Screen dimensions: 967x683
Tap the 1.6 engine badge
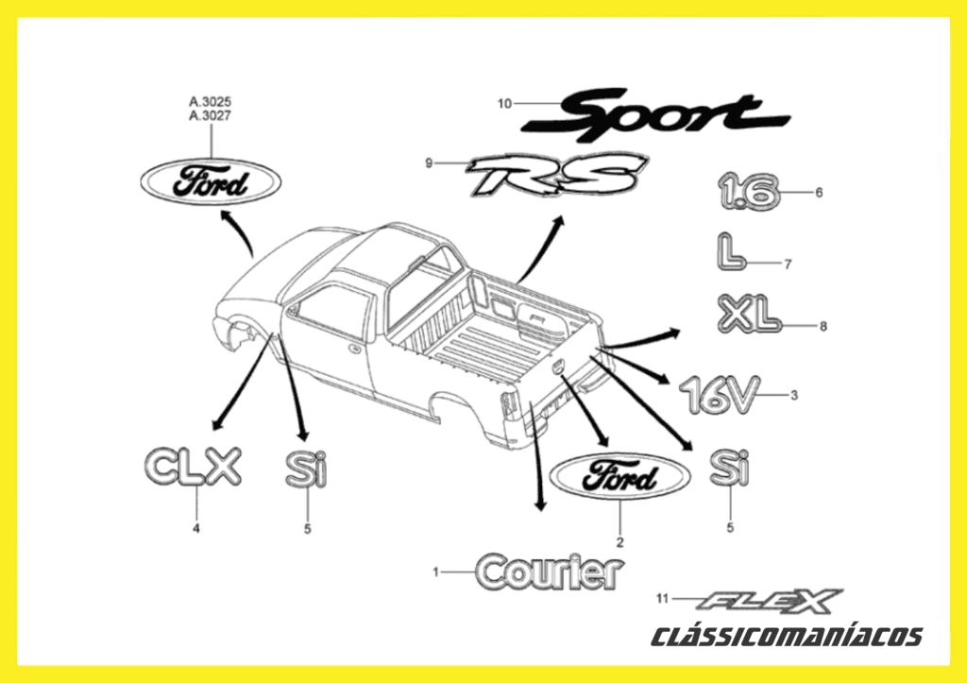tap(749, 191)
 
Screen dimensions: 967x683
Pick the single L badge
tap(732, 252)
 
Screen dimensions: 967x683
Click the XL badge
tap(749, 314)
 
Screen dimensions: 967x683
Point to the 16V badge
tap(720, 394)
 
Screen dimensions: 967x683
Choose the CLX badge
tap(191, 466)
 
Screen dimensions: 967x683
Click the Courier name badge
tap(548, 572)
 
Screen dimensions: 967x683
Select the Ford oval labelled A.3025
tap(211, 182)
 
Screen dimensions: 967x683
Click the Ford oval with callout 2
tap(619, 478)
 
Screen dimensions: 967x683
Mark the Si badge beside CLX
tap(306, 470)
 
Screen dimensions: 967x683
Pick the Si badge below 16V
tap(730, 469)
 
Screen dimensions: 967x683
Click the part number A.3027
tap(211, 116)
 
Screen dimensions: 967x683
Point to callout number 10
tap(504, 104)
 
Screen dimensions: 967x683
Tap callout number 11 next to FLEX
tap(662, 599)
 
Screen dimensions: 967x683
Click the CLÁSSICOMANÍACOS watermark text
tap(787, 636)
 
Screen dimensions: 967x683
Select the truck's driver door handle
tap(355, 350)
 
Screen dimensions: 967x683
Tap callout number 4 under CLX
tap(196, 529)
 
